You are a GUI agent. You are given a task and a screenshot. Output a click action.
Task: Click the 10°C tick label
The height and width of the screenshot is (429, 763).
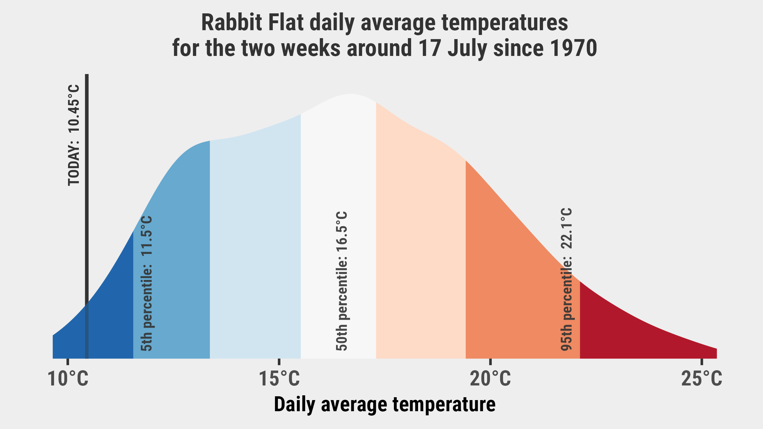tap(68, 379)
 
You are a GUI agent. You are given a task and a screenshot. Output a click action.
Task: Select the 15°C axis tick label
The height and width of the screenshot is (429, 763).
tap(279, 379)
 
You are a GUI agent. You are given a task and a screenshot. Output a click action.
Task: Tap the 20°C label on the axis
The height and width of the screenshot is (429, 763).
tap(491, 379)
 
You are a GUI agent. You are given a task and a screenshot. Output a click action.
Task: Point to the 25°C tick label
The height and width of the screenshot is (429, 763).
tap(702, 379)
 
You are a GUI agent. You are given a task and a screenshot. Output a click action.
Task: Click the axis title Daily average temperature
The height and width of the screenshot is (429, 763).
tap(385, 405)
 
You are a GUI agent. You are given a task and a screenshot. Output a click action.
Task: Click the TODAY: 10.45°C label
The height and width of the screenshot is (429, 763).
tap(73, 135)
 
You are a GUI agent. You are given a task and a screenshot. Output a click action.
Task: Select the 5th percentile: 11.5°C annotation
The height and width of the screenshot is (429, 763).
tap(147, 283)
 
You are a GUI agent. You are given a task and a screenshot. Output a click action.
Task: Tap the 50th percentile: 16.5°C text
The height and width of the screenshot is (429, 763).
tap(341, 281)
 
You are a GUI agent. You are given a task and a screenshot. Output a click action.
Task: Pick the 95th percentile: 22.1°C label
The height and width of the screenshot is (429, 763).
tap(566, 279)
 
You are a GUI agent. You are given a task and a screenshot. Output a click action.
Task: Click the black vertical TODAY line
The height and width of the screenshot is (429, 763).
tap(87, 216)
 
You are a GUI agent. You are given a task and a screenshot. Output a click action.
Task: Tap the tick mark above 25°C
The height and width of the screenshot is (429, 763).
tap(702, 362)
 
